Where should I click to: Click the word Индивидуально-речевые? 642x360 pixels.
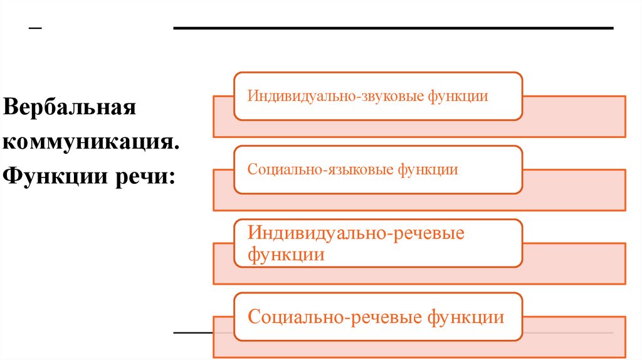tap(356, 233)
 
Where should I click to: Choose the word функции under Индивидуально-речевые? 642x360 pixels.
tap(286, 255)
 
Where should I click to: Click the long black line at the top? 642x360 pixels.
tap(393, 28)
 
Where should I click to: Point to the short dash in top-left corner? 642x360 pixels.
tap(36, 29)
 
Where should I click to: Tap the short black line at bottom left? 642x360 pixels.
tap(193, 332)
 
